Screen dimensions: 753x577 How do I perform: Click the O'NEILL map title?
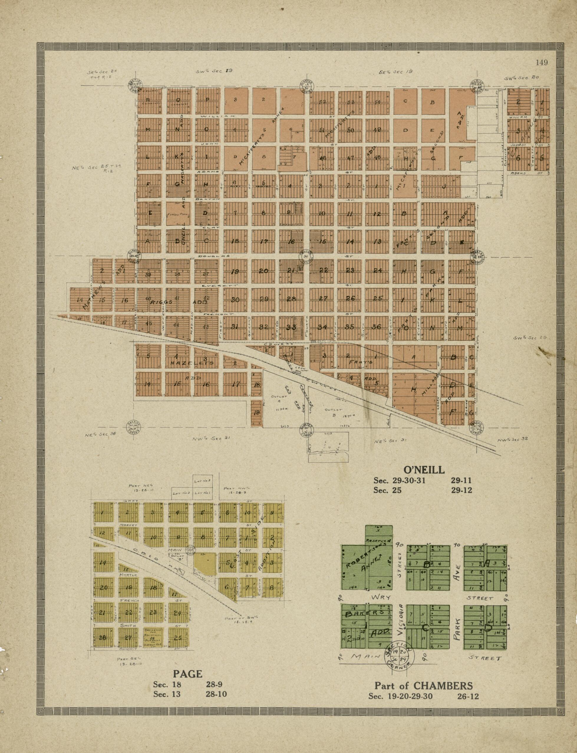[423, 470]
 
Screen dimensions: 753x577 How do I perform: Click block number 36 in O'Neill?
[377, 327]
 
